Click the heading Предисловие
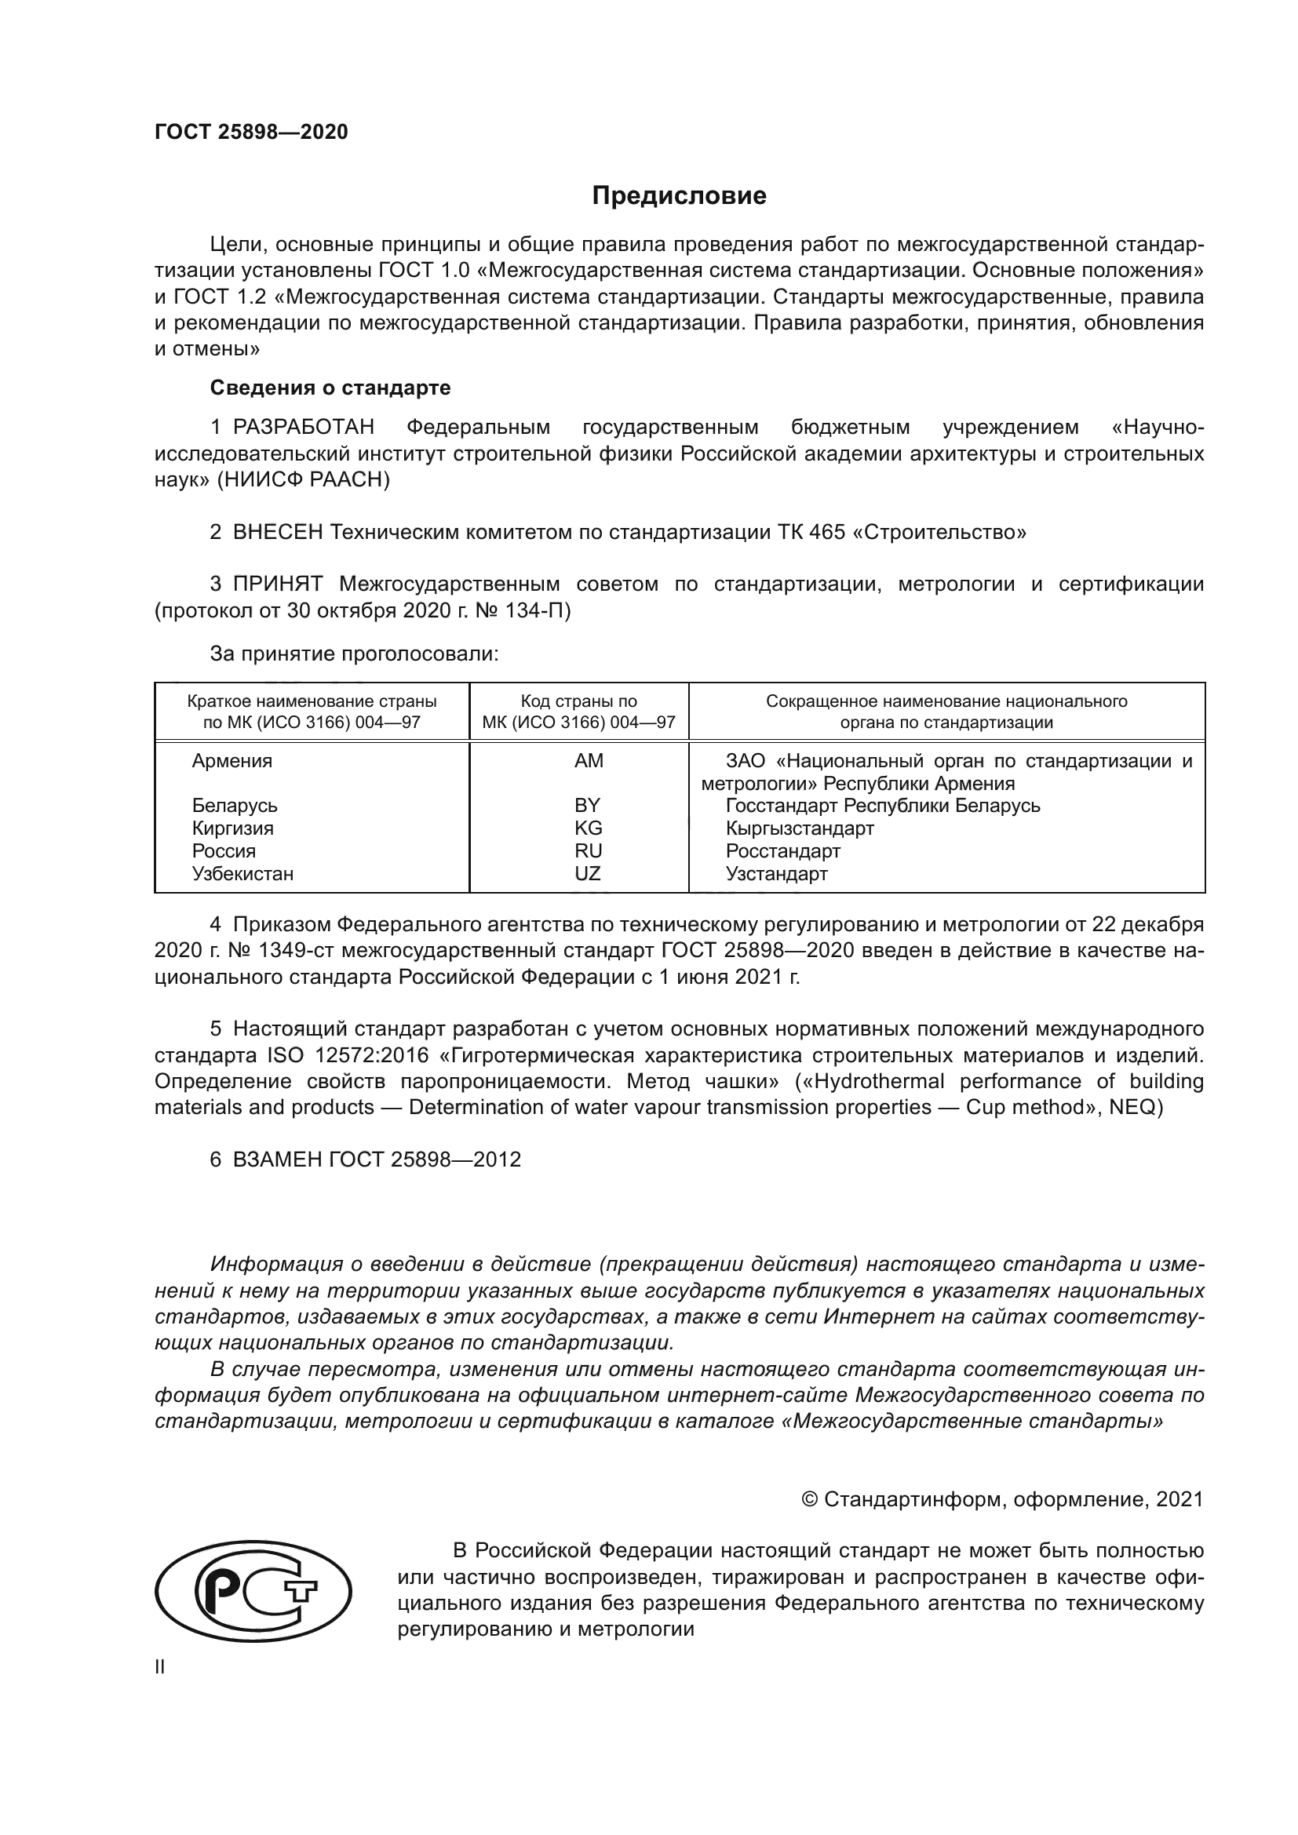(679, 196)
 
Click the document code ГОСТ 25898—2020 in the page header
(251, 132)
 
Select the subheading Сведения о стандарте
(330, 388)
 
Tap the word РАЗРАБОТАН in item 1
(304, 428)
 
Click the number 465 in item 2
(827, 532)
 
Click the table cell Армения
(232, 761)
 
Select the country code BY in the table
(588, 806)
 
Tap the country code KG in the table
(589, 828)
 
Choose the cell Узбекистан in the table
(243, 873)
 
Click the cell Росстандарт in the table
(782, 851)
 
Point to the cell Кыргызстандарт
(799, 828)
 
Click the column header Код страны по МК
(578, 712)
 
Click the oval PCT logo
(253, 1591)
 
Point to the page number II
(160, 1667)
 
